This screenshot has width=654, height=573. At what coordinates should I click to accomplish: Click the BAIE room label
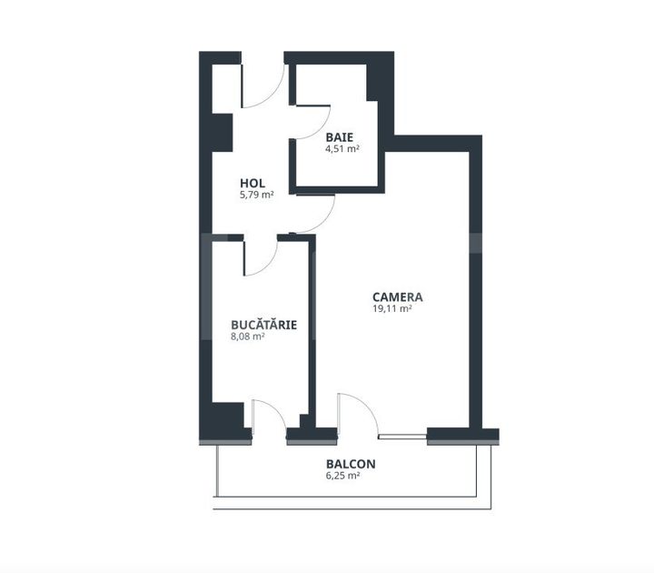click(340, 137)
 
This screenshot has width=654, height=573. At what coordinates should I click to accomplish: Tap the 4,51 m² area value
click(342, 148)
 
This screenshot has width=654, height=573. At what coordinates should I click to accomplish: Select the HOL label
click(253, 184)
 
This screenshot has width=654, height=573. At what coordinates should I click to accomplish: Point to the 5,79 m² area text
click(256, 195)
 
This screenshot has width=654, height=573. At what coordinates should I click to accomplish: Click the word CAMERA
click(398, 297)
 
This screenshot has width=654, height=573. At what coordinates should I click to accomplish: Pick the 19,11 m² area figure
click(392, 308)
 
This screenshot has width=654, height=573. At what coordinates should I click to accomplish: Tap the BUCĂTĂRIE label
click(264, 325)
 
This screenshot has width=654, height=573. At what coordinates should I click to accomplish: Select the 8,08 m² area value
click(248, 337)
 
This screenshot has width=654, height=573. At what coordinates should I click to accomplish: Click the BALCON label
click(351, 464)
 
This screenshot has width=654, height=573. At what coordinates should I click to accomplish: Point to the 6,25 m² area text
click(342, 476)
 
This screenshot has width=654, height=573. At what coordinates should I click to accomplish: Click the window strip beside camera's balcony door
click(402, 437)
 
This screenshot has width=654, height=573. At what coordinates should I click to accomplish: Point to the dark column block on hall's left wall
click(222, 133)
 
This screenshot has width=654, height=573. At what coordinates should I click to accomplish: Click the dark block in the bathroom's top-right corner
click(372, 82)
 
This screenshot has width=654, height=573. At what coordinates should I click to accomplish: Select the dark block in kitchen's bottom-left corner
click(227, 416)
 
